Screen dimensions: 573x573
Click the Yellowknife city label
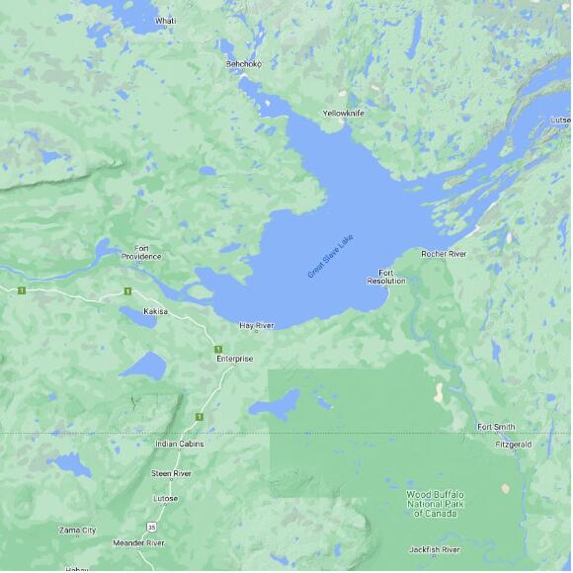343,114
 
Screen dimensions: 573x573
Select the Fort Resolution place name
386,277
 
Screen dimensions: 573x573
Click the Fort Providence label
141,252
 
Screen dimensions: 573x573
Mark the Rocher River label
444,254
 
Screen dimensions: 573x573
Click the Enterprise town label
235,359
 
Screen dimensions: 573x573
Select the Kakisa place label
155,311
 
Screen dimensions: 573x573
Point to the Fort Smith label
496,427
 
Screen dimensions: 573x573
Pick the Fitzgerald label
513,445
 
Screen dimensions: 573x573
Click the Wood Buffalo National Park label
436,503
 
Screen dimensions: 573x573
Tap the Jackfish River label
435,549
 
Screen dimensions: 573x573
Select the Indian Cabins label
180,444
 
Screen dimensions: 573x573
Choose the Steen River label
171,473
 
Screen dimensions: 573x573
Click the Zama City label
77,531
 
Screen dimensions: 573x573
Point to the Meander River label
138,542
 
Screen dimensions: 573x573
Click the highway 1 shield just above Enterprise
216,349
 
